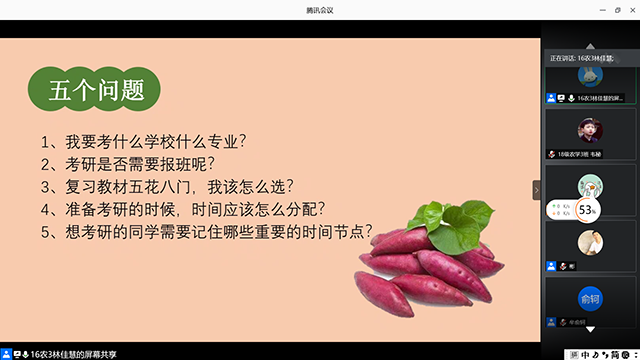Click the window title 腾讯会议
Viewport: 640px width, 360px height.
point(320,9)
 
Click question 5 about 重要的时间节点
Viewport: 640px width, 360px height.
point(206,233)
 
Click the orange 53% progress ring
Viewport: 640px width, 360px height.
point(587,209)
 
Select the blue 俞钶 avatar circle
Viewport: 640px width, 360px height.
point(589,298)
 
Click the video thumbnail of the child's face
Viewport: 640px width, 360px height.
point(589,130)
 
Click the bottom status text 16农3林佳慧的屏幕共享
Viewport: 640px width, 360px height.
point(69,353)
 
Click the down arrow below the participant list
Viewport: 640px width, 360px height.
point(589,329)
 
